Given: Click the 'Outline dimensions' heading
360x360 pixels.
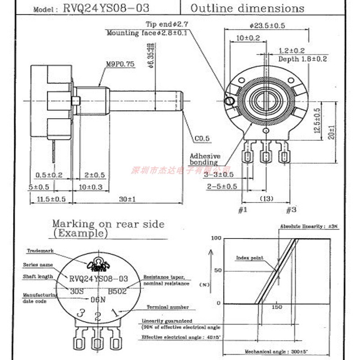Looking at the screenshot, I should coord(247,8).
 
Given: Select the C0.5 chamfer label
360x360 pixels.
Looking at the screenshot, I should coord(202,139).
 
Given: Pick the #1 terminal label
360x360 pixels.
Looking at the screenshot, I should coord(242,209).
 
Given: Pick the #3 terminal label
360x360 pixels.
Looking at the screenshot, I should coord(291,209).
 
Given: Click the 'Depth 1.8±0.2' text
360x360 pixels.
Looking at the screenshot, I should coord(302,59).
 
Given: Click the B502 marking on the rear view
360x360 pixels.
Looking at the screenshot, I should coord(117,291).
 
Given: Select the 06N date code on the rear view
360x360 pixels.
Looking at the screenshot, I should coord(98,299).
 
